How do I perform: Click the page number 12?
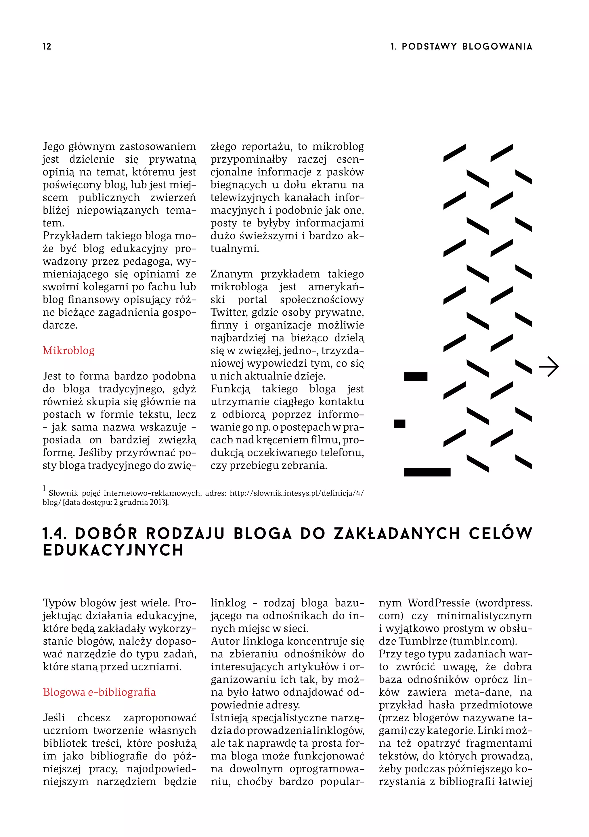point(47,46)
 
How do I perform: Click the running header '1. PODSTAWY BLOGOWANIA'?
point(461,46)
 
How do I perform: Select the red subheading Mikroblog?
point(68,350)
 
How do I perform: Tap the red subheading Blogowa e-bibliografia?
point(99,692)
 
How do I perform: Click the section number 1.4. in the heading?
point(55,534)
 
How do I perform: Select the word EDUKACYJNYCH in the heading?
point(113,550)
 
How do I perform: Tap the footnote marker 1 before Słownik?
point(44,488)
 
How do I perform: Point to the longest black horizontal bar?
point(427,472)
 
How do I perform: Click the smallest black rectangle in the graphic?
point(399,424)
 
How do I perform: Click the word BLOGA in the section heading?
point(262,534)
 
